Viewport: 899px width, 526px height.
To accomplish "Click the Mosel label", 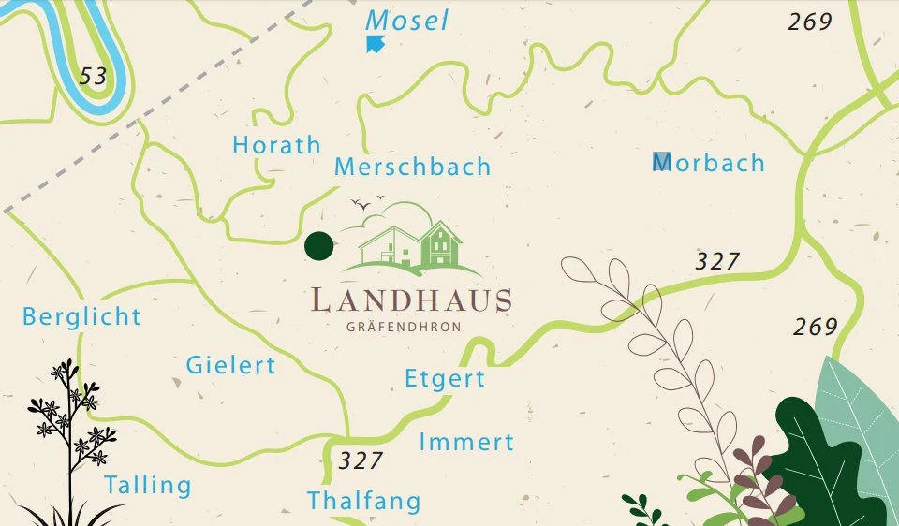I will pos(407,21).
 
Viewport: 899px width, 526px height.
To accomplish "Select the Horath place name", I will pos(276,145).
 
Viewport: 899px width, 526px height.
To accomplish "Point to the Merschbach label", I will pos(412,167).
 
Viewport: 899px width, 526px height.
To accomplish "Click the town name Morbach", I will pos(709,163).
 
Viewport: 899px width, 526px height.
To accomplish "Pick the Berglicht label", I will pos(81,316).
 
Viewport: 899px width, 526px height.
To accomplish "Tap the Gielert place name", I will pos(230,364).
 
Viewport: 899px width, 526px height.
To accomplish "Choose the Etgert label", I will pos(445,379).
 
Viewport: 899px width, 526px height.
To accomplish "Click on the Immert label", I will pos(466,442).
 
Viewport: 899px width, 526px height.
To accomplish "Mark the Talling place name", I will pos(147,485).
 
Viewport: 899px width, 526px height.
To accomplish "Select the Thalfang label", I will pos(364,501).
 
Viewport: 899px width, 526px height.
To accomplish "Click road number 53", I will pos(93,76).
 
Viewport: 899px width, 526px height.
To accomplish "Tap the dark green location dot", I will pos(319,245).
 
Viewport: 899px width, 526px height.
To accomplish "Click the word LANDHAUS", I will pos(411,300).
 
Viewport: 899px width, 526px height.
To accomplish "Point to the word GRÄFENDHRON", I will pos(404,327).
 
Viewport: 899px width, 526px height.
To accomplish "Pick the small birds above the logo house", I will pos(366,201).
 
